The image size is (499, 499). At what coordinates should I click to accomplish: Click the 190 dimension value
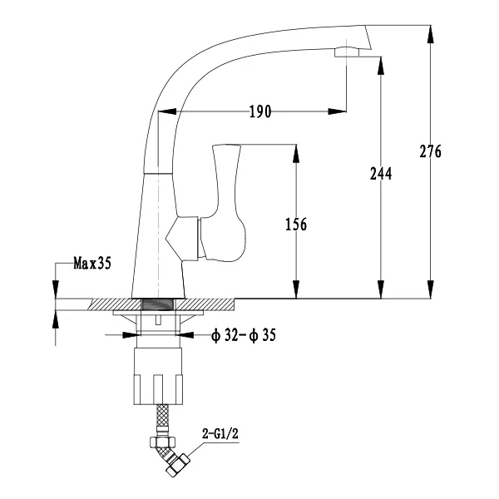(x=260, y=111)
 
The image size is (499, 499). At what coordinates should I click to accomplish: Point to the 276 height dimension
(x=431, y=151)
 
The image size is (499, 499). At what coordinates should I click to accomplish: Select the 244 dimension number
(x=381, y=174)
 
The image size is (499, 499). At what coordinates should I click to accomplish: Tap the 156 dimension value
(x=296, y=225)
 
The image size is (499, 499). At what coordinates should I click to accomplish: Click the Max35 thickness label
(x=92, y=263)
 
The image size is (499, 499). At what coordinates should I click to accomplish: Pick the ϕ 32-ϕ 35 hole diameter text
(x=244, y=335)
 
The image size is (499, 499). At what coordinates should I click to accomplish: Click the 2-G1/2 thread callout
(x=220, y=433)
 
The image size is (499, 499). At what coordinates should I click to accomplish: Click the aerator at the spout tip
(x=347, y=52)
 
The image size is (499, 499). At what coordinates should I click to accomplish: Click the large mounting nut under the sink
(x=158, y=376)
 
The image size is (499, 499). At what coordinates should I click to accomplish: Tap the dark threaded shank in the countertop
(x=158, y=304)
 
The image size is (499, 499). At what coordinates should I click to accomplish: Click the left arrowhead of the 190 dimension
(x=167, y=111)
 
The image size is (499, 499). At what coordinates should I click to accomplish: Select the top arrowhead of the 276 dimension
(x=431, y=34)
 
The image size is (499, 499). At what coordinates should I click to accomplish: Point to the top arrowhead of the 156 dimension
(x=296, y=154)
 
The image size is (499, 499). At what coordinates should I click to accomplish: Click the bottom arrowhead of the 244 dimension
(x=381, y=289)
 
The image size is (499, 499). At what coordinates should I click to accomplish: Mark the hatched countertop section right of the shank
(x=205, y=304)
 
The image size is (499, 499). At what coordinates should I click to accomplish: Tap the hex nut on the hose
(x=162, y=442)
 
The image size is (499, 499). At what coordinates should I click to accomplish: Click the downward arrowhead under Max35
(x=56, y=289)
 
